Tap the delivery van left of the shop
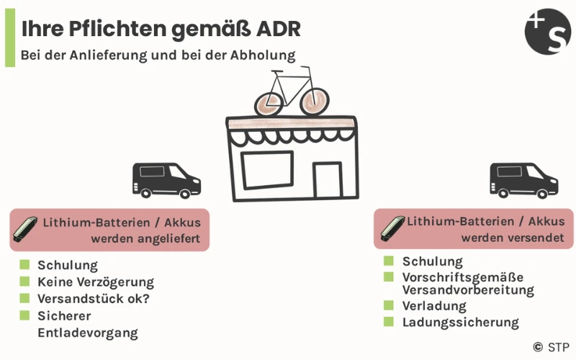[x=166, y=180]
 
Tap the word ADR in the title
[x=277, y=30]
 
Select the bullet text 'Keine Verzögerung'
[x=96, y=282]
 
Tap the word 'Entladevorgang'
[x=87, y=332]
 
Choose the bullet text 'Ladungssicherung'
[x=460, y=322]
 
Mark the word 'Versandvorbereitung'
[x=468, y=290]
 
